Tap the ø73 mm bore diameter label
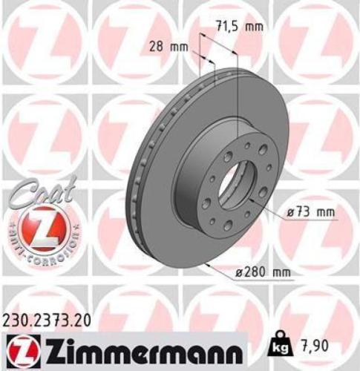point(310,213)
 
